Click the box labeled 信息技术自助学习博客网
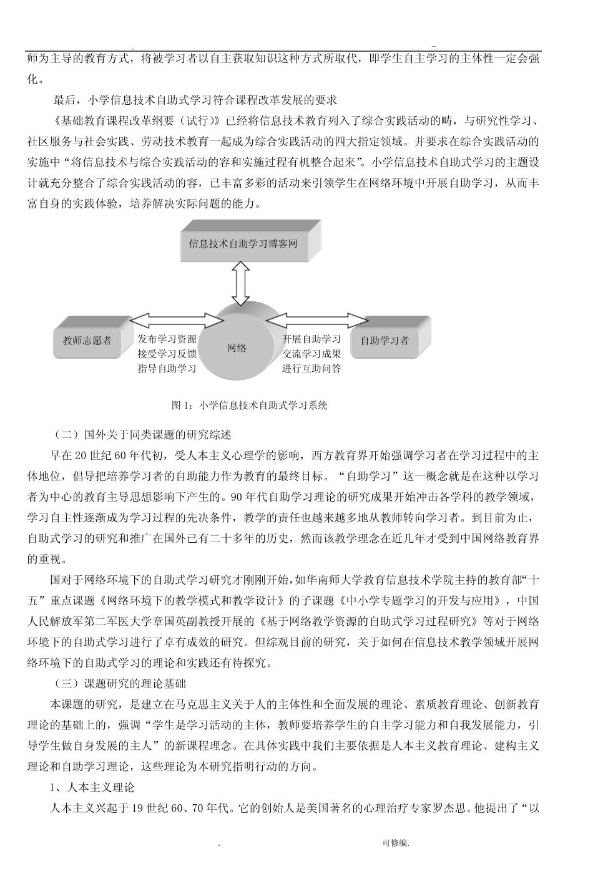point(243,243)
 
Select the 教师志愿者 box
point(87,341)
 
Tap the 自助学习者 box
point(385,341)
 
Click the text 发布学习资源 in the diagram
point(167,339)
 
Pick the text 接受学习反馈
point(167,354)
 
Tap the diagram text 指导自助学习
point(167,368)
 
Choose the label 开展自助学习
point(311,339)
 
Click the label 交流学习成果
point(311,354)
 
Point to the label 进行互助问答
point(311,368)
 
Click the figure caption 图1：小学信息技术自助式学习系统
point(249,406)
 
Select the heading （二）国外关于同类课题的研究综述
point(142,434)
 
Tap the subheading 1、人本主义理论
point(92,788)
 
